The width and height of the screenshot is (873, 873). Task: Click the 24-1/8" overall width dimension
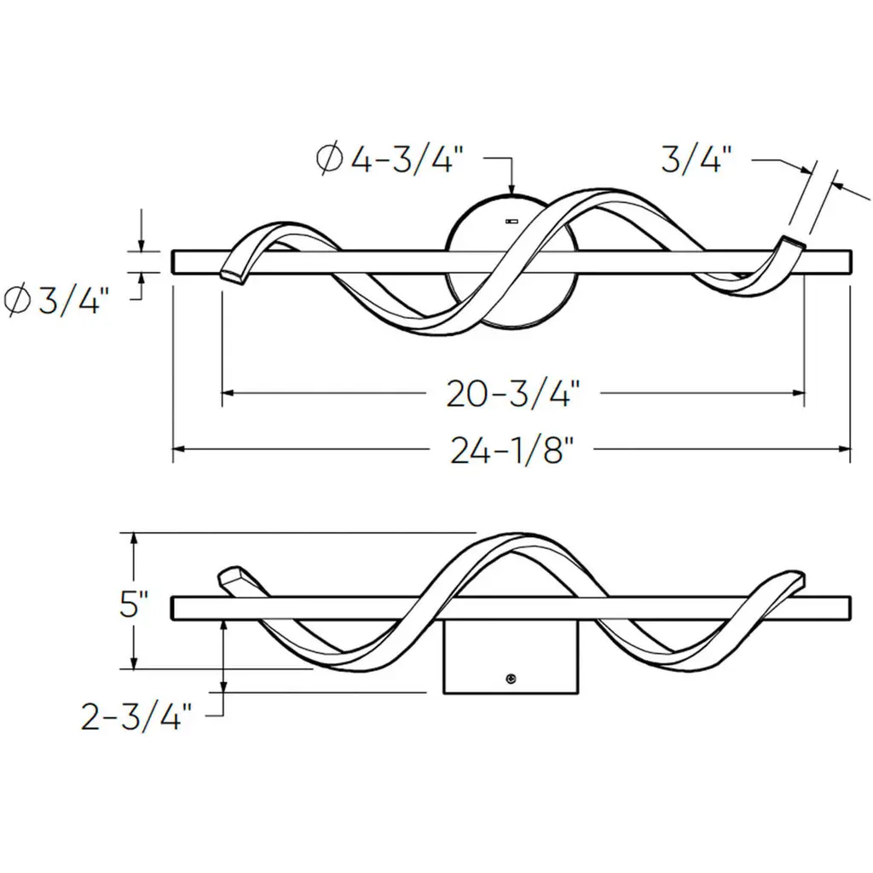pos(512,450)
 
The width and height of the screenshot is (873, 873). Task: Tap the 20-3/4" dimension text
pos(512,394)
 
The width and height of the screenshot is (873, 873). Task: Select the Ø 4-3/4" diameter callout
pos(390,159)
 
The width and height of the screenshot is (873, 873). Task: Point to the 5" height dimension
pos(134,604)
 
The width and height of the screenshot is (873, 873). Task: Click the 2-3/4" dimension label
pos(136,716)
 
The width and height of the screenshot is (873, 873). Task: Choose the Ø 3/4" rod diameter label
pos(54,301)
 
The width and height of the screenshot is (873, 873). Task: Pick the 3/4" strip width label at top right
pos(696,158)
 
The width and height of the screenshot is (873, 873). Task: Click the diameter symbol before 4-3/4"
pos(329,159)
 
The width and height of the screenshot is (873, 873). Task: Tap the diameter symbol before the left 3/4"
pos(17,301)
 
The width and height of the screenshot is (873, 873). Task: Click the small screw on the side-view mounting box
pos(511,678)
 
